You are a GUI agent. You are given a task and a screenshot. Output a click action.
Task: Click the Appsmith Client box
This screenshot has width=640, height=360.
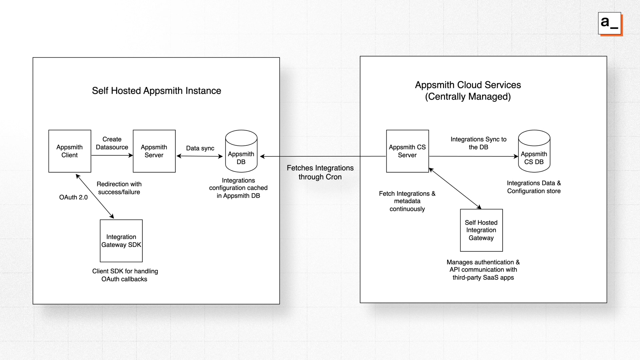[70, 151]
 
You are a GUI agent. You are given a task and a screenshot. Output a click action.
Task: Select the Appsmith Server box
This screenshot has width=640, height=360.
[154, 151]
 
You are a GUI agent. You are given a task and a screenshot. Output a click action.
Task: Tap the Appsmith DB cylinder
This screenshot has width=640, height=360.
[241, 152]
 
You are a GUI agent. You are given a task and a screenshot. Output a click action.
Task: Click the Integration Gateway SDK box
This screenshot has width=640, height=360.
[121, 241]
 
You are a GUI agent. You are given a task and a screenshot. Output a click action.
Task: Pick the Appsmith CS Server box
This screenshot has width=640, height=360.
[407, 151]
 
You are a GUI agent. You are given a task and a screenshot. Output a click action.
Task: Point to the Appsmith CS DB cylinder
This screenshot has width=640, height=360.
[534, 152]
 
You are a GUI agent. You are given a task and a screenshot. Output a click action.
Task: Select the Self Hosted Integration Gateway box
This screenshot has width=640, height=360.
[481, 230]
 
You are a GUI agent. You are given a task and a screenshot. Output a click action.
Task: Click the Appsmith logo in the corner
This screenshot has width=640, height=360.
[610, 23]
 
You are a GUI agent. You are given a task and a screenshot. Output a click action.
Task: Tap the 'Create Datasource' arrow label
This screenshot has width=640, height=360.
[112, 143]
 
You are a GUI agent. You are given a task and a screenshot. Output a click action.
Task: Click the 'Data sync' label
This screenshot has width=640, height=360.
[200, 148]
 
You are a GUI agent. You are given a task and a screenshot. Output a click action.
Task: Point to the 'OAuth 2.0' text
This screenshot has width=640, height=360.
[73, 197]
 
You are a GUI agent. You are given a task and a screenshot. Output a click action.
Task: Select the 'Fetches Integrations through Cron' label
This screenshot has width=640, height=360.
[320, 172]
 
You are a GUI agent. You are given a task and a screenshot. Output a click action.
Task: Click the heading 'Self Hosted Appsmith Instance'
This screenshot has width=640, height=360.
[156, 91]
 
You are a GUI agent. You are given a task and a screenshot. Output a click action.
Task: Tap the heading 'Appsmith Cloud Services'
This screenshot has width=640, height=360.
[468, 85]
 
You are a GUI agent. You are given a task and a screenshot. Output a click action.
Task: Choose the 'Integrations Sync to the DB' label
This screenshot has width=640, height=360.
[478, 143]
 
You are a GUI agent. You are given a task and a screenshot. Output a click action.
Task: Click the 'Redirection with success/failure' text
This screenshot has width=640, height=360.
[119, 188]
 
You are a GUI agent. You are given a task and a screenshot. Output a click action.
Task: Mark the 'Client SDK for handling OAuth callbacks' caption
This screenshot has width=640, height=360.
[125, 275]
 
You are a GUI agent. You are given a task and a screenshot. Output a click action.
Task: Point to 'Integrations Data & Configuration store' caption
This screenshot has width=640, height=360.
[534, 187]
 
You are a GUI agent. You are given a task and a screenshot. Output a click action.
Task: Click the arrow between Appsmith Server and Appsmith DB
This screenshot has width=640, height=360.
[199, 156]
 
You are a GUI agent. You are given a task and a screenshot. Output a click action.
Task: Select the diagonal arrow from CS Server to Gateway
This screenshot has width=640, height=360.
[455, 188]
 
